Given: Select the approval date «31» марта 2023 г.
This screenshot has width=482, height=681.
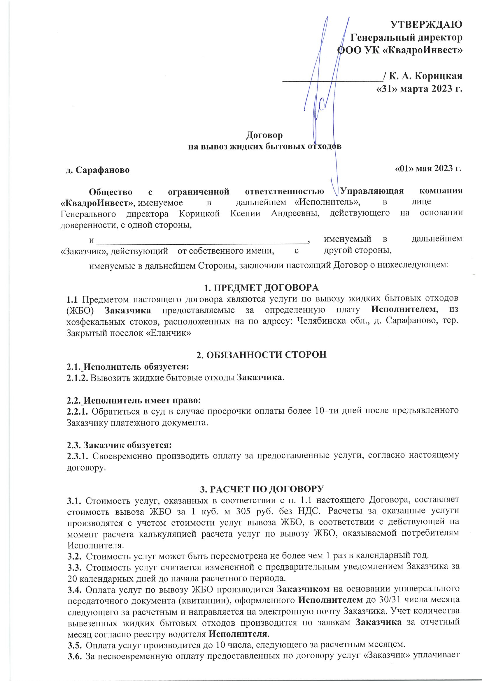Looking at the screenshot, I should [x=419, y=89].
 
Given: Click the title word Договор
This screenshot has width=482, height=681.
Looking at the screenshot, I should [x=264, y=135].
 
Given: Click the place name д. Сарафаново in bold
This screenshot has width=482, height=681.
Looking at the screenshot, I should [x=98, y=170].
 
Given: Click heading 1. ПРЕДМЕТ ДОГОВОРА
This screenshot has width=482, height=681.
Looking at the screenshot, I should [x=261, y=287].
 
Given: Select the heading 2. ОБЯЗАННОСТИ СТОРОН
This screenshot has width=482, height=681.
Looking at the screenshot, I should [x=261, y=355].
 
